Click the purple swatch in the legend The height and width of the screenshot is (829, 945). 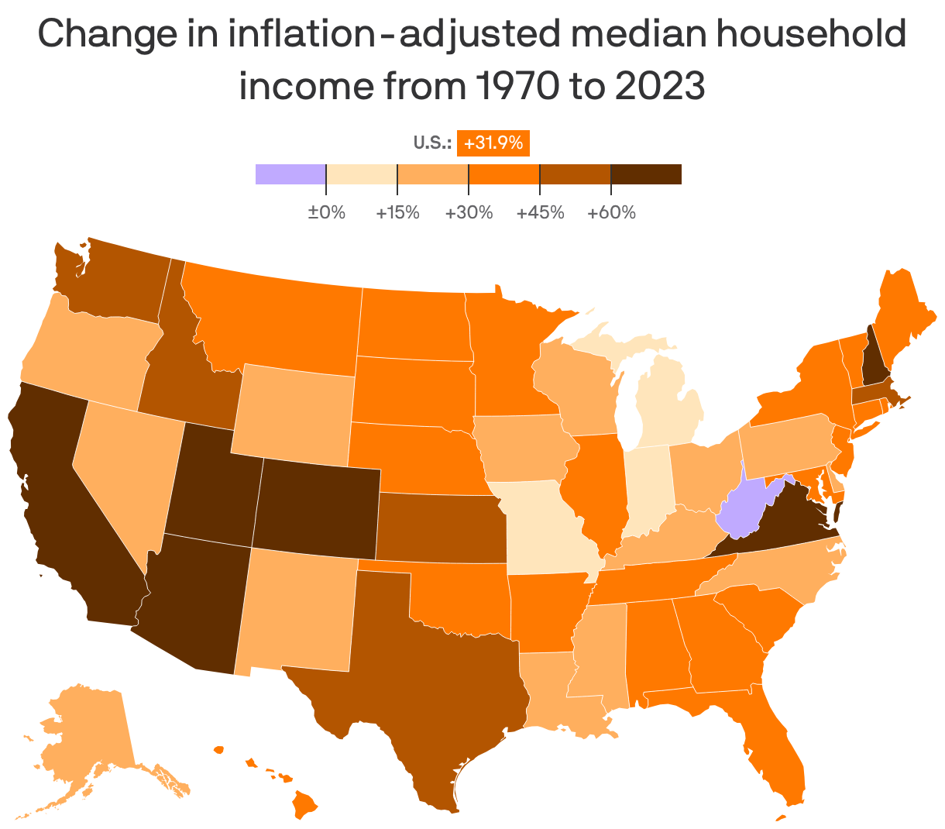(290, 174)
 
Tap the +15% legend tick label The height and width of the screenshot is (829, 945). (397, 212)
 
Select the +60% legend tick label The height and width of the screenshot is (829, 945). (611, 212)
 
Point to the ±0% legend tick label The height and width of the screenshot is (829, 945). (326, 212)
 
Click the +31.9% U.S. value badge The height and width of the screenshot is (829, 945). (493, 143)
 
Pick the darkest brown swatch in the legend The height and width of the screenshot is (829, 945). (646, 174)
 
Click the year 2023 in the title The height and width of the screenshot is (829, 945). (660, 86)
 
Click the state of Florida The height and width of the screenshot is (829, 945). (778, 744)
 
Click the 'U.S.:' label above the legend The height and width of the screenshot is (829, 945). (432, 143)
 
